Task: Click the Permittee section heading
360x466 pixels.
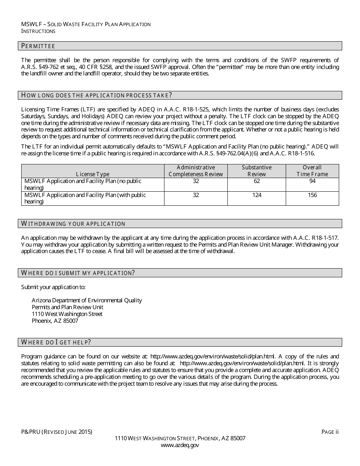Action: click(x=38, y=46)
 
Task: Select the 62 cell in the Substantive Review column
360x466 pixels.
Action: click(x=257, y=181)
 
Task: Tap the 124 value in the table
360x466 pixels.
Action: click(x=257, y=195)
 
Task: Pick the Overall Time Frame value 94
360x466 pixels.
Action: click(x=312, y=181)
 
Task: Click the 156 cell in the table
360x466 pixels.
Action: click(x=312, y=195)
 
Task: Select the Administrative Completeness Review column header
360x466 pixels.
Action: click(x=196, y=171)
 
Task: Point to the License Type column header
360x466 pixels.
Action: click(x=92, y=174)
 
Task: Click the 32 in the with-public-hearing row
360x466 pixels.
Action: click(x=196, y=195)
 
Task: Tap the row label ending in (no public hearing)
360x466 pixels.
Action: click(x=83, y=185)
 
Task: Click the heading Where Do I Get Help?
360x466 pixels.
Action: click(x=56, y=342)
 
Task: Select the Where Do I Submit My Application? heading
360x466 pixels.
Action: click(x=78, y=273)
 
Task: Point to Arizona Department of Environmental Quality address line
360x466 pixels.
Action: click(x=87, y=300)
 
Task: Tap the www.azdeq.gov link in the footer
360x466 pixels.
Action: click(x=180, y=446)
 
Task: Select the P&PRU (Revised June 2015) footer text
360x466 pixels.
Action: click(x=56, y=432)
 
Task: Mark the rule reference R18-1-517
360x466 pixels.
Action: click(x=325, y=238)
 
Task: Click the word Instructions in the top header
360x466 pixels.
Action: click(x=38, y=31)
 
